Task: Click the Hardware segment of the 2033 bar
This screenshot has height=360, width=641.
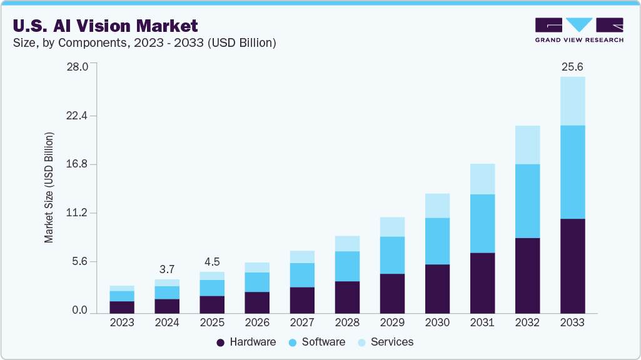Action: pyautogui.click(x=572, y=266)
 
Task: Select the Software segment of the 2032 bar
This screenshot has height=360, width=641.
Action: pyautogui.click(x=527, y=201)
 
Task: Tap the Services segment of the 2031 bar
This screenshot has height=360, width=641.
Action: pyautogui.click(x=482, y=179)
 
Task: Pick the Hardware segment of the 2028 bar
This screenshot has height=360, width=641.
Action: pyautogui.click(x=347, y=297)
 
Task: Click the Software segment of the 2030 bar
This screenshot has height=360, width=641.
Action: pyautogui.click(x=437, y=241)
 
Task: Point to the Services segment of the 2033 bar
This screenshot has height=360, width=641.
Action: pyautogui.click(x=572, y=101)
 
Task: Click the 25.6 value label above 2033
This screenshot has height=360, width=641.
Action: pyautogui.click(x=572, y=67)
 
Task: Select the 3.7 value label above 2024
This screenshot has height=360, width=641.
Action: pyautogui.click(x=167, y=269)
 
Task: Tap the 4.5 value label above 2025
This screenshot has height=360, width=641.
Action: pyautogui.click(x=212, y=262)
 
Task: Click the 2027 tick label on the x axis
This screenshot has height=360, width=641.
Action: pyautogui.click(x=302, y=322)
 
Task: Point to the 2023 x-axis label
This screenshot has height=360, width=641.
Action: pyautogui.click(x=122, y=322)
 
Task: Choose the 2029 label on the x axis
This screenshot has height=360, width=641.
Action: pyautogui.click(x=392, y=322)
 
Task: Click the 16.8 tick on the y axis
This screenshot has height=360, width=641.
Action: pyautogui.click(x=78, y=164)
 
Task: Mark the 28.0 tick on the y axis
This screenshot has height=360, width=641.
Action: pyautogui.click(x=78, y=66)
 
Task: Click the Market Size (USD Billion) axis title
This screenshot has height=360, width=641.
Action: pyautogui.click(x=49, y=187)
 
